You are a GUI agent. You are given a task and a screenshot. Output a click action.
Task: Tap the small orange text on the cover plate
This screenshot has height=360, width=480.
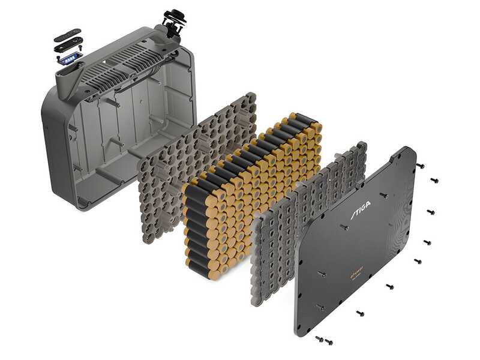click(359, 275)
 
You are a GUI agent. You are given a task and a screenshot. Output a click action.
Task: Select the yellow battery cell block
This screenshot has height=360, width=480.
click(252, 192)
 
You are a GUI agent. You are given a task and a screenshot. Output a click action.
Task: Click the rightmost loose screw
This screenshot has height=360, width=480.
click(434, 180)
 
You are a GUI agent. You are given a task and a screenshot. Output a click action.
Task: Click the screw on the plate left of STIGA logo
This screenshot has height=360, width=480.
click(344, 227)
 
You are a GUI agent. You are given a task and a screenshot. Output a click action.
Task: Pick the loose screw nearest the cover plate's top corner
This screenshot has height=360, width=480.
click(421, 165)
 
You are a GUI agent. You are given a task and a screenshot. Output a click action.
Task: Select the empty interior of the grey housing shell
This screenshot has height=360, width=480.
click(120, 138)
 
